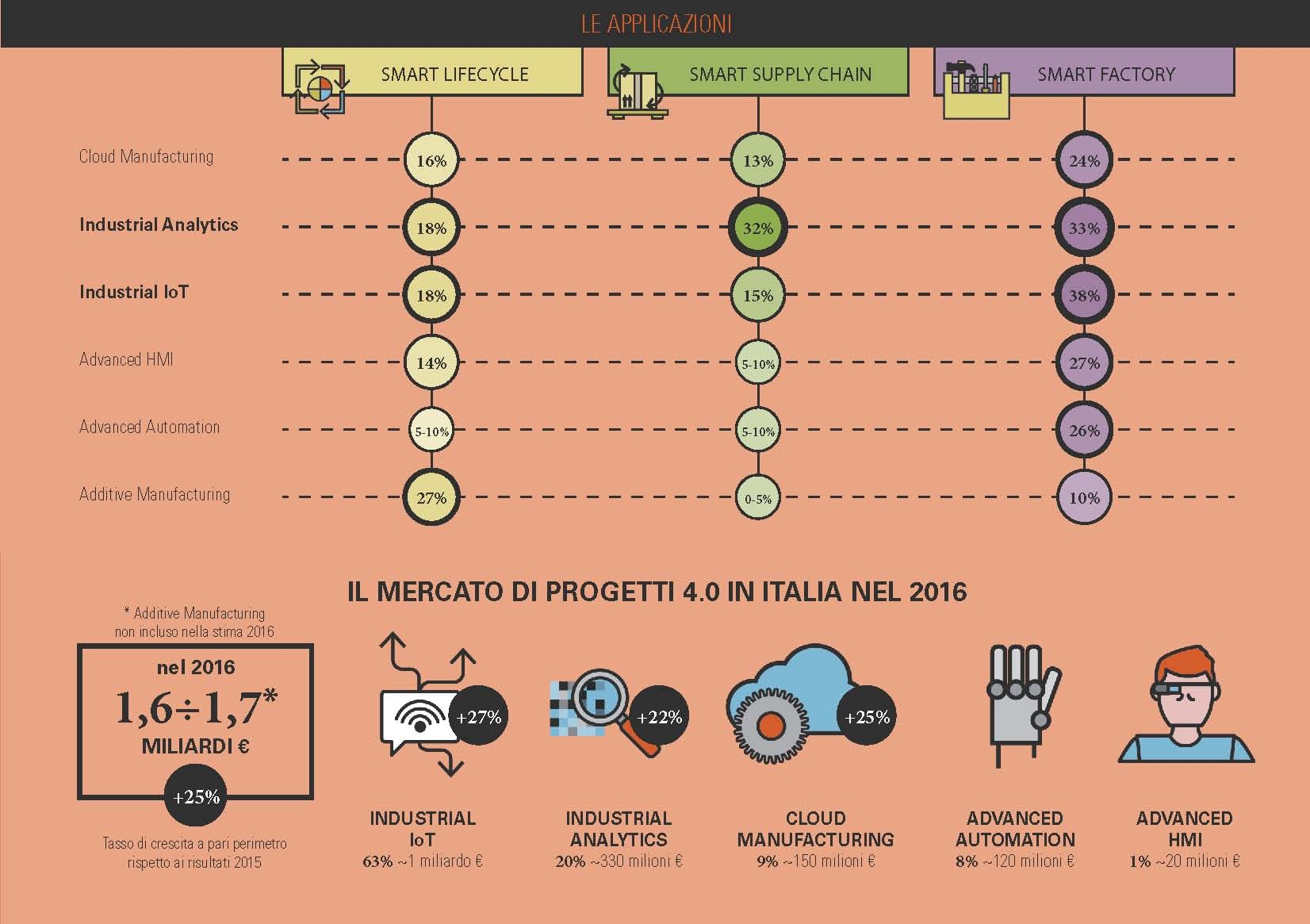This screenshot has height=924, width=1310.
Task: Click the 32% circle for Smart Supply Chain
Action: (757, 228)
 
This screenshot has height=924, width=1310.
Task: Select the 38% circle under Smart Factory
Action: (1084, 296)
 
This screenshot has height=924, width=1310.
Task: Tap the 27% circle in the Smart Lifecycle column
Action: (431, 498)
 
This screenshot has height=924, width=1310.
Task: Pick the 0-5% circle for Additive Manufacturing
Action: (757, 499)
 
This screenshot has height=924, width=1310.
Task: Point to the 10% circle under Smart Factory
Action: (1084, 498)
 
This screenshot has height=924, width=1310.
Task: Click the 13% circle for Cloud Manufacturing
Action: (757, 161)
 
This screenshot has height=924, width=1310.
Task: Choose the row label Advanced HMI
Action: (126, 359)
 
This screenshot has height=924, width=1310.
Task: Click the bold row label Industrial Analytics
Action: (159, 224)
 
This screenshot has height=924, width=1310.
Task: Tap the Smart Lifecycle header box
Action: (433, 73)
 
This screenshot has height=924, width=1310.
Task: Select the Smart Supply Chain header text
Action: (780, 75)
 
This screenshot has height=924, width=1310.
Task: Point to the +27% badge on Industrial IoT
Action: (478, 717)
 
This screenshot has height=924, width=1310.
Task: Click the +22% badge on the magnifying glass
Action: (659, 717)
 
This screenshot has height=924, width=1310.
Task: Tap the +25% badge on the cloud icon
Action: (867, 717)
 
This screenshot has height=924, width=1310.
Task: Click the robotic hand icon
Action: (1019, 702)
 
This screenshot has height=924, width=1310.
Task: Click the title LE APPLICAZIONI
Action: (656, 24)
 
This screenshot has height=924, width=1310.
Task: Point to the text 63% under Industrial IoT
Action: (377, 861)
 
